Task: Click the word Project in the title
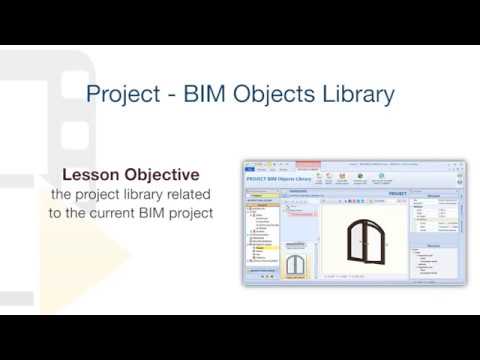pyautogui.click(x=122, y=95)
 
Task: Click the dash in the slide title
pyautogui.click(x=169, y=96)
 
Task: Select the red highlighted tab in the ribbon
pyautogui.click(x=308, y=164)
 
